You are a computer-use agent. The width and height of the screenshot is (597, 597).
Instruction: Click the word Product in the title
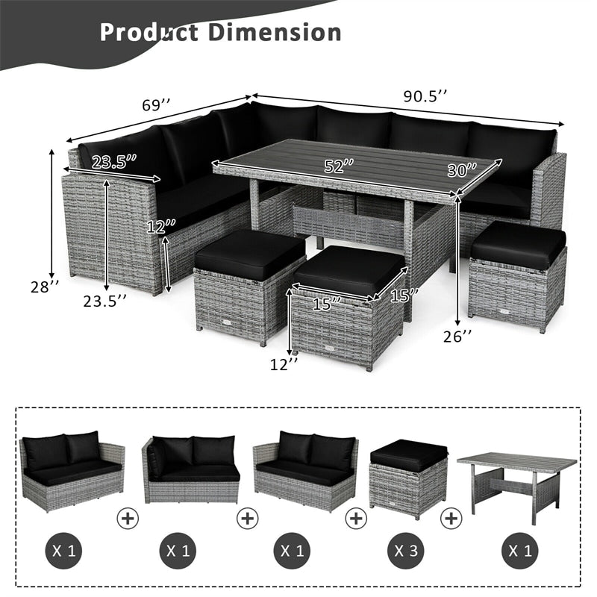coord(149,32)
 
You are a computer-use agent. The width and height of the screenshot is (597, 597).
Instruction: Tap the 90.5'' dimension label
coord(426,96)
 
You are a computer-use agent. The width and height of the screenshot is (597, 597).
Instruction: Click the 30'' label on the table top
coord(460,170)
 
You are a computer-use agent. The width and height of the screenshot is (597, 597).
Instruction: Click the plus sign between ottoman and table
coord(450,517)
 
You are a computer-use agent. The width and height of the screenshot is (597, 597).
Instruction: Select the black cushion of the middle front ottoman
coord(348,269)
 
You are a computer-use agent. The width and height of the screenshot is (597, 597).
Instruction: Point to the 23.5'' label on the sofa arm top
coord(115,162)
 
